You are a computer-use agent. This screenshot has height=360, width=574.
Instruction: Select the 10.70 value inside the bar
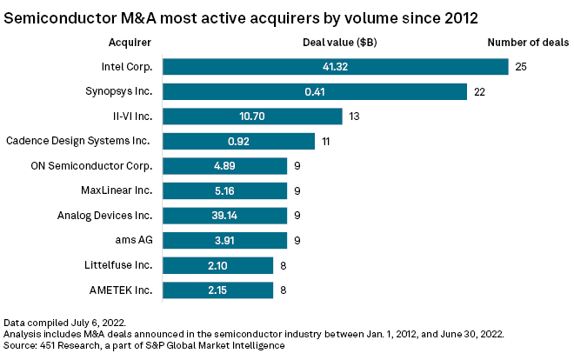click(x=252, y=117)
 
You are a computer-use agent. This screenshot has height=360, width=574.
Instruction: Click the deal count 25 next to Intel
click(x=521, y=67)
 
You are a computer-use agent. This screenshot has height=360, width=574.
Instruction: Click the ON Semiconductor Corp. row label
click(x=102, y=166)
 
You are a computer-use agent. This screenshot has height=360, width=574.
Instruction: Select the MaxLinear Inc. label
click(x=116, y=190)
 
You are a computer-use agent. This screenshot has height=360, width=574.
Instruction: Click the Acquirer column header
click(x=130, y=42)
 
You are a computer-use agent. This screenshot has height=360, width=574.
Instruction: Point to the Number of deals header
click(x=527, y=42)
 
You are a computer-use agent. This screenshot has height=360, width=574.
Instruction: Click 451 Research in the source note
click(x=66, y=346)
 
